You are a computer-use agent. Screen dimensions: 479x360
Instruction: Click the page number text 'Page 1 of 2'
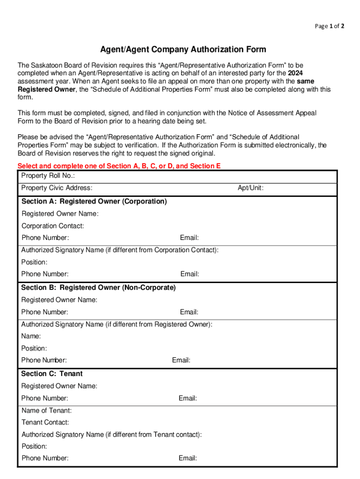330,26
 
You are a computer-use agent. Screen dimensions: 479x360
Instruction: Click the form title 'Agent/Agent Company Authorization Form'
183,50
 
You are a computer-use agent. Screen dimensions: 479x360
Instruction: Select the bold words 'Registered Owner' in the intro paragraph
46,89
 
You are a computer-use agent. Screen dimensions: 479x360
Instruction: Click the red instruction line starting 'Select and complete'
119,166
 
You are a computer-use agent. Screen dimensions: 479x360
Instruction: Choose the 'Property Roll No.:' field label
48,176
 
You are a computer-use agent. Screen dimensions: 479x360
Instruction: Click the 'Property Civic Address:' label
57,188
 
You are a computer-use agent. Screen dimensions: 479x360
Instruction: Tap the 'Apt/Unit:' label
251,188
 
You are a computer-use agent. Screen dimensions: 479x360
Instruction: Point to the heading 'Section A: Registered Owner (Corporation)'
94,202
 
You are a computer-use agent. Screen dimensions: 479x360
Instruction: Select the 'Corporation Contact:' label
53,226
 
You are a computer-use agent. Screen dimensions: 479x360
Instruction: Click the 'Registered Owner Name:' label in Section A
60,214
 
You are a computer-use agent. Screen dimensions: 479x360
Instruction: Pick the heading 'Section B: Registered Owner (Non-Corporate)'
99,288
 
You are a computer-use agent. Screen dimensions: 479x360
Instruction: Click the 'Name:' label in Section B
31,336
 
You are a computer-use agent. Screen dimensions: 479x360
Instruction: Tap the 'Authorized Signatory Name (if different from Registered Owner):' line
117,324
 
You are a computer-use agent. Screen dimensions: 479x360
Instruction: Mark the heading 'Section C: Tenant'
52,374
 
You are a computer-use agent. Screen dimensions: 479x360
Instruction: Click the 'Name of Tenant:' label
47,411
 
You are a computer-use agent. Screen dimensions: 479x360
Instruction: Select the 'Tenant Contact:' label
45,422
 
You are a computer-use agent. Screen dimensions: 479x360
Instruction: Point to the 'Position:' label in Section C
35,446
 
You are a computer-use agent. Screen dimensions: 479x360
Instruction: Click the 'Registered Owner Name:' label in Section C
59,386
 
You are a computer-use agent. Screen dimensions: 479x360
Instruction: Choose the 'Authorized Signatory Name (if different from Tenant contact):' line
112,435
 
